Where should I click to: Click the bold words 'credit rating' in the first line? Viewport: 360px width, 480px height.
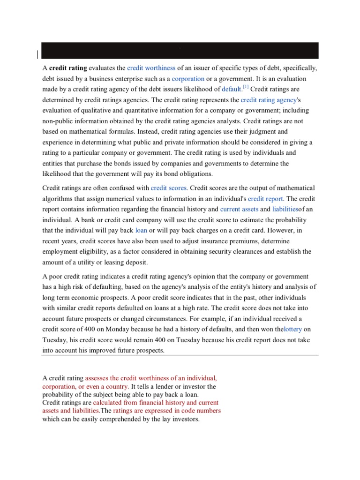coord(68,68)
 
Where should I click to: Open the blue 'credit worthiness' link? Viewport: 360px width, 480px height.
coord(151,68)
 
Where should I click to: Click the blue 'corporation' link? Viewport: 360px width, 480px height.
coord(188,79)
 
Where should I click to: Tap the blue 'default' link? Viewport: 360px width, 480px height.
coord(231,89)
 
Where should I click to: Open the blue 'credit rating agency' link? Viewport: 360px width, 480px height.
coord(269,100)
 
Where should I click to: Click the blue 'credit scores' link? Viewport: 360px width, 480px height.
coord(169,188)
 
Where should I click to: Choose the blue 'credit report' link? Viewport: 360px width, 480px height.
coord(265,199)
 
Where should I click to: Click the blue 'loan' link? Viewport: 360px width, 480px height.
coord(141,231)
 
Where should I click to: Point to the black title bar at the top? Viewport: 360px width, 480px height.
coord(180,51)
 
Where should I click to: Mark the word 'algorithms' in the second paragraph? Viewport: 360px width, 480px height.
coord(58,199)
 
